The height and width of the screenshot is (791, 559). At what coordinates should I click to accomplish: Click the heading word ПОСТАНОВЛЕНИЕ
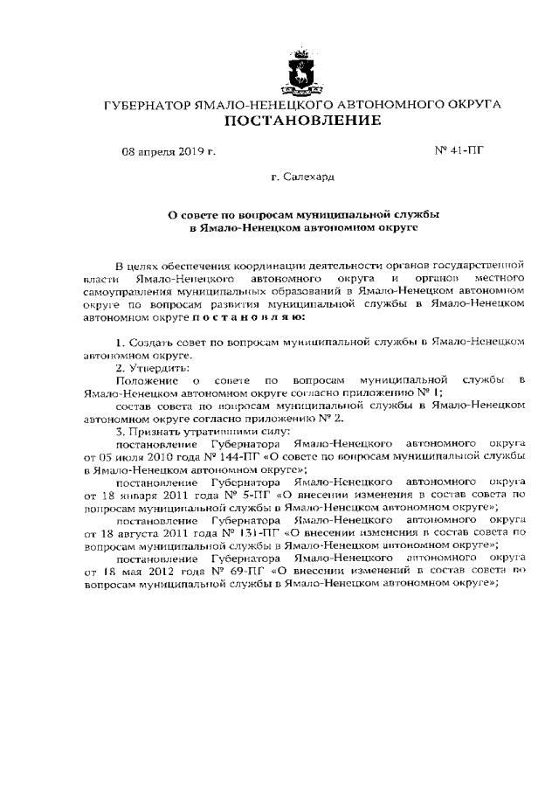coord(302,121)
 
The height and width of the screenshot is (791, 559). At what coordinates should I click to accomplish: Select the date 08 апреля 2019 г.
coord(169,151)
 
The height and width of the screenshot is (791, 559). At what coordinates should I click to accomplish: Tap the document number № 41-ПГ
coord(459,150)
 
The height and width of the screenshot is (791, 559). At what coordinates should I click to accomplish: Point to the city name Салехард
coord(302,177)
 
